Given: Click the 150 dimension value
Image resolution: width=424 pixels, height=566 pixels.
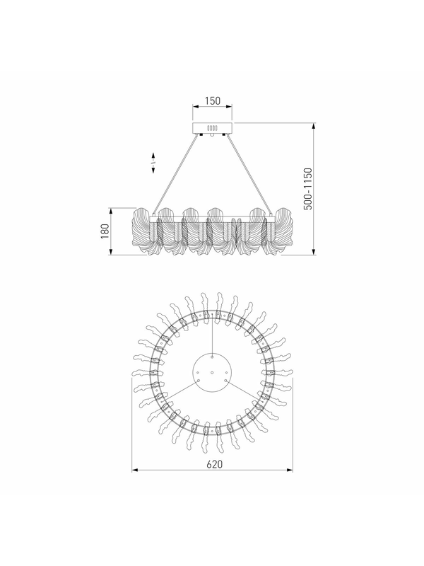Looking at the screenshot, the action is point(213,100).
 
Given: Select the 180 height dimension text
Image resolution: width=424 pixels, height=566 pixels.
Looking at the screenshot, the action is point(105,231).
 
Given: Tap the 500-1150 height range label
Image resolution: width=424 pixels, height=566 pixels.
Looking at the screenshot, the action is point(308,188).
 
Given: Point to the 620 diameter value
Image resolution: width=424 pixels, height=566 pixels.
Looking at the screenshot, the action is point(215,464).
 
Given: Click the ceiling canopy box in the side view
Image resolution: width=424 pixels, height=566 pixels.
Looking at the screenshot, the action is point(212,128).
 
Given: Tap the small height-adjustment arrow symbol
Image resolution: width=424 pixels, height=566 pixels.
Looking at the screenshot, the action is point(153,163).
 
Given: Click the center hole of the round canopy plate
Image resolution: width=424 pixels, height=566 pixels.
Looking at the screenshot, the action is point(212,372).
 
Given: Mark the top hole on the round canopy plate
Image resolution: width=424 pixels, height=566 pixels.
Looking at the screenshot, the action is point(213,357).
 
